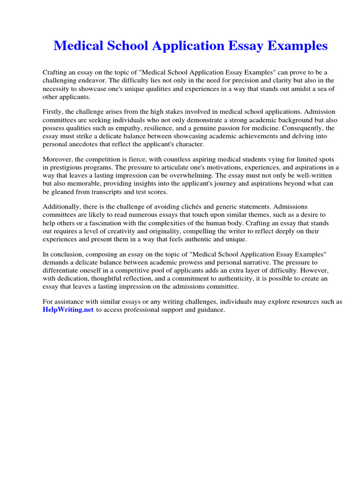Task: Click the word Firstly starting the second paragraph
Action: point(54,112)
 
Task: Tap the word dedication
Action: point(73,278)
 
